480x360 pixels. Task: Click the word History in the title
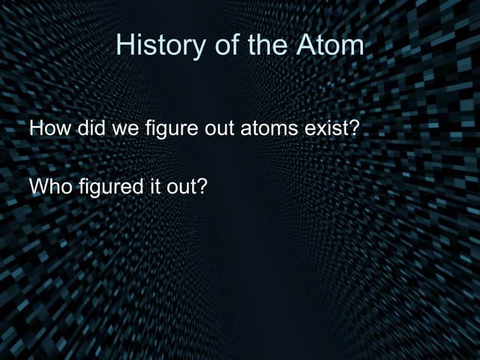point(154,46)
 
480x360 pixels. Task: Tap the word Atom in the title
point(330,46)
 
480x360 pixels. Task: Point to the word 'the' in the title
point(265,46)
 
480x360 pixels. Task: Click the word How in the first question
point(47,128)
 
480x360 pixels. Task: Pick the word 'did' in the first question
point(89,128)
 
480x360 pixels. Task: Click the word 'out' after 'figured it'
point(176,184)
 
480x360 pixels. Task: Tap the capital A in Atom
point(305,46)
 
